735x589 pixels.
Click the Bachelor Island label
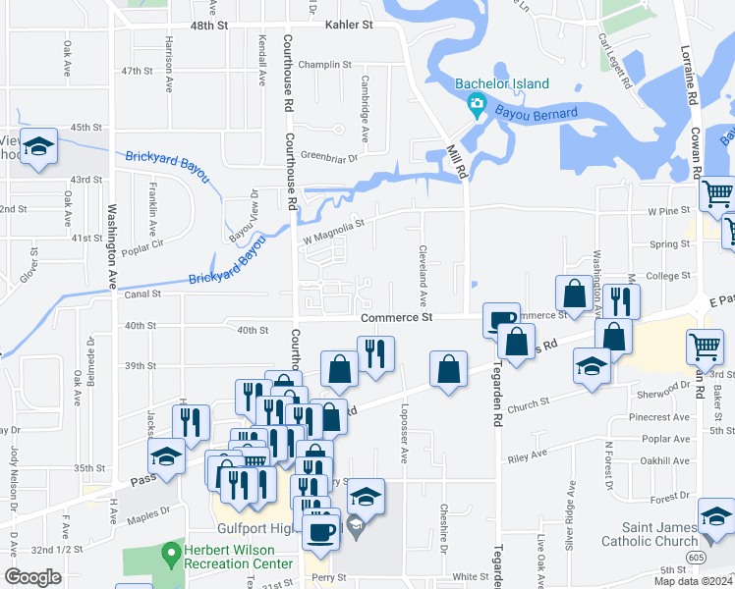501,84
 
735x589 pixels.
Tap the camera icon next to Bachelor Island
478,104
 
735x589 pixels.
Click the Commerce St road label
396,318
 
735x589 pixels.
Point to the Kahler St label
352,24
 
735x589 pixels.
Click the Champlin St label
326,64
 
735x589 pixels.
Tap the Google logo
33,577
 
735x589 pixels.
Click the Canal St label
142,294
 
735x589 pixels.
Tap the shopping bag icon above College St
573,292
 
